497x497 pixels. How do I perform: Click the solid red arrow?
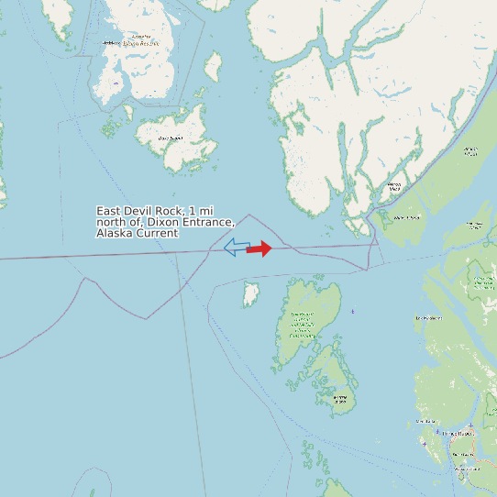260,248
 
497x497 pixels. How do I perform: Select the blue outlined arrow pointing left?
236,247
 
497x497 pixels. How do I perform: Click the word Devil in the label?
142,212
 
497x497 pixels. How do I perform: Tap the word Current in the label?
158,234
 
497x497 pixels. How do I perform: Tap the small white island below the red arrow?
249,295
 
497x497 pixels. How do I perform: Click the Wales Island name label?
406,217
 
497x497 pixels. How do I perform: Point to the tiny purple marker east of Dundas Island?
352,312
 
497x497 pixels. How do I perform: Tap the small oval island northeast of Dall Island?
213,65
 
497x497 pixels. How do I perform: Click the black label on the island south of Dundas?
340,400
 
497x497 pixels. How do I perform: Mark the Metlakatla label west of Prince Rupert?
425,421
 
